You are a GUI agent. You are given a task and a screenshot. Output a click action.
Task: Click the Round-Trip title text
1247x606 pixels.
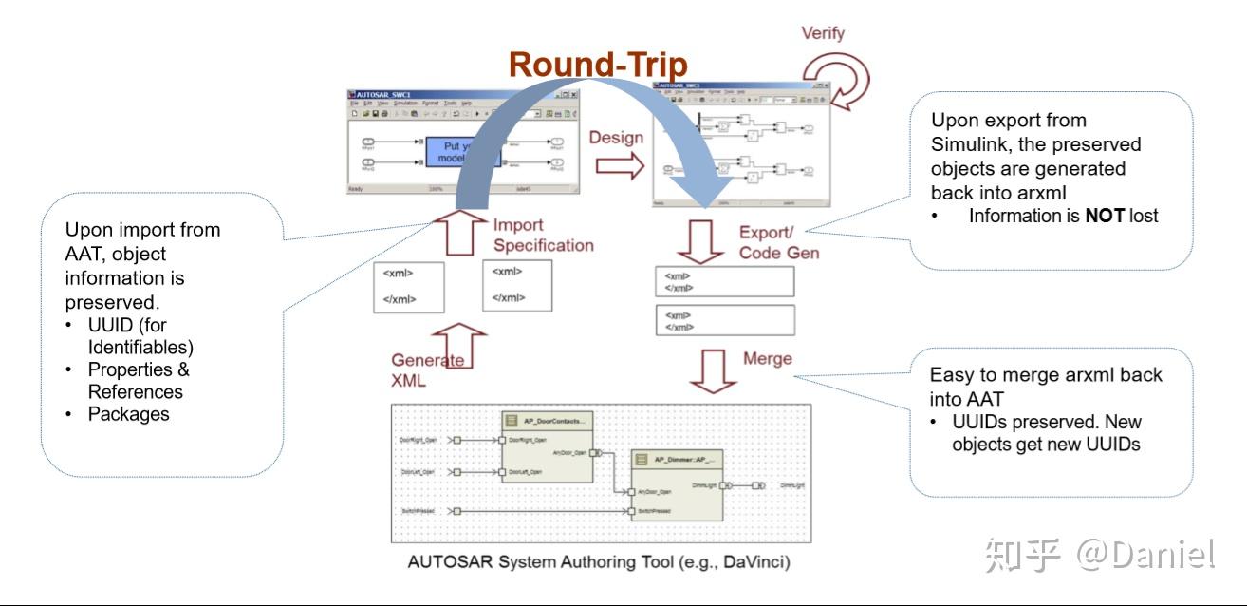pos(598,64)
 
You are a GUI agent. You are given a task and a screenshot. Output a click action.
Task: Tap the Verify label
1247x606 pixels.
pos(822,34)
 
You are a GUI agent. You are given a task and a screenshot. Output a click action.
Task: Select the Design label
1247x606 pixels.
pos(616,138)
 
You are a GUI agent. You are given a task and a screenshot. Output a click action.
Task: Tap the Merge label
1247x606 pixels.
pos(768,358)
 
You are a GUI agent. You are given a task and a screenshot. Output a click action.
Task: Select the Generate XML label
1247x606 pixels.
pos(428,369)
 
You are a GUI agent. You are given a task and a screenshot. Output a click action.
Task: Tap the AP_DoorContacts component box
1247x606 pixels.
pos(547,447)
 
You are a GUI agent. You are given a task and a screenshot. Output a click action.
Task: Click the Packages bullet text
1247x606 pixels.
pos(128,414)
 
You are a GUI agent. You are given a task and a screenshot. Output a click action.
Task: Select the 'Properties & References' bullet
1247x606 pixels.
pos(138,380)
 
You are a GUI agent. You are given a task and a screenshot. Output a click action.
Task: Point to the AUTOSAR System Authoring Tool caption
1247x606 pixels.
pos(598,561)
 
